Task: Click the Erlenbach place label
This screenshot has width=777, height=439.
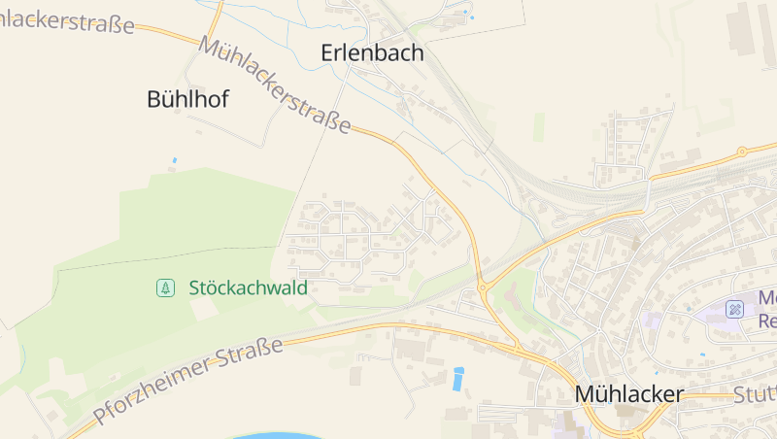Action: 373,53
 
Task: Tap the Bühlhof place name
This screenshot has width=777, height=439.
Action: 187,98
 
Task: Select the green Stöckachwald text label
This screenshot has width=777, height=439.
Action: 249,287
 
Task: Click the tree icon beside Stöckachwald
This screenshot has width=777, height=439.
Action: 166,287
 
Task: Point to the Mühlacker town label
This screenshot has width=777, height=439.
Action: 629,393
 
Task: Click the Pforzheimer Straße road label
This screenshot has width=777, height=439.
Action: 189,381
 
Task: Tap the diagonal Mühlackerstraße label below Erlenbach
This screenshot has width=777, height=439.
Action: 275,85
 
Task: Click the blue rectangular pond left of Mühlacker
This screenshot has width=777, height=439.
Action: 458,378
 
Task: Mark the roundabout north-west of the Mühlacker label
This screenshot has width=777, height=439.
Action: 483,287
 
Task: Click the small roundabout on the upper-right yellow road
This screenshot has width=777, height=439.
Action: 742,152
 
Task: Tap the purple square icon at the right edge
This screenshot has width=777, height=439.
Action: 735,310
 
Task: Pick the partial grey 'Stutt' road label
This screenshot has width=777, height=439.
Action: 754,394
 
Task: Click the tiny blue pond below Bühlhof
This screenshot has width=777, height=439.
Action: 175,159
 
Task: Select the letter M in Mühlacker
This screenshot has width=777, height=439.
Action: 586,393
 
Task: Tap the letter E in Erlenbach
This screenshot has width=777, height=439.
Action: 328,53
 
